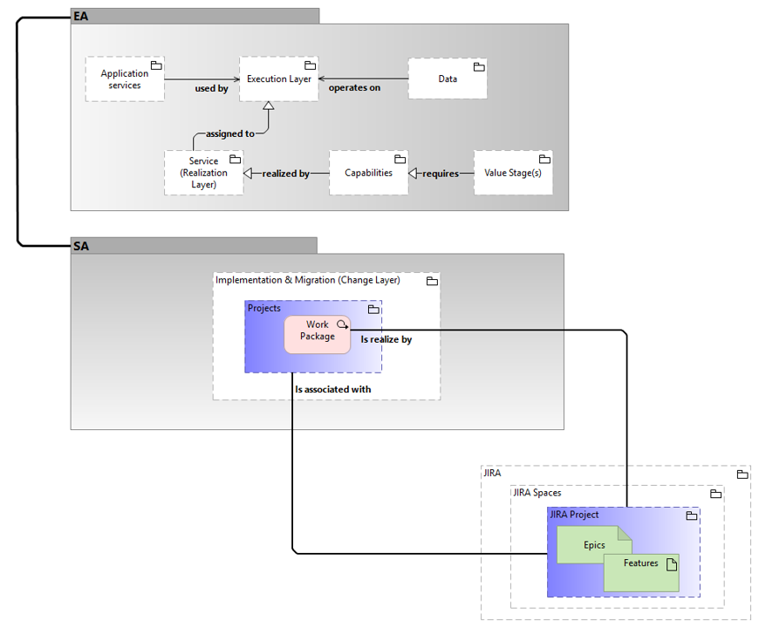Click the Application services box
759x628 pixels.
point(125,79)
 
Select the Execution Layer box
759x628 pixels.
point(279,78)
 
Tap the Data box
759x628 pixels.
point(448,78)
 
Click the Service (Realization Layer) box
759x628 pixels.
point(203,173)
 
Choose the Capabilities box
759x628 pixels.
point(368,173)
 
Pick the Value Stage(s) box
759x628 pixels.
point(513,173)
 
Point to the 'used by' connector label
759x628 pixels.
point(211,89)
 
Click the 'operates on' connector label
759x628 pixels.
point(354,88)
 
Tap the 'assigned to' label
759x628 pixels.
point(230,133)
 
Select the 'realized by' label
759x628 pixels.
point(285,174)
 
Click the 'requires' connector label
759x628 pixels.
point(440,174)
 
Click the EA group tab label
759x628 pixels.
point(81,16)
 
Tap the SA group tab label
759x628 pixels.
point(81,246)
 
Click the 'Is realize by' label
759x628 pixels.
point(386,339)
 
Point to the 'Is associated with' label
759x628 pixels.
point(332,389)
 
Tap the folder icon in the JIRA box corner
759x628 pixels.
point(742,474)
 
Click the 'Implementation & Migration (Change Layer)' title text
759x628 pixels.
point(307,280)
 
